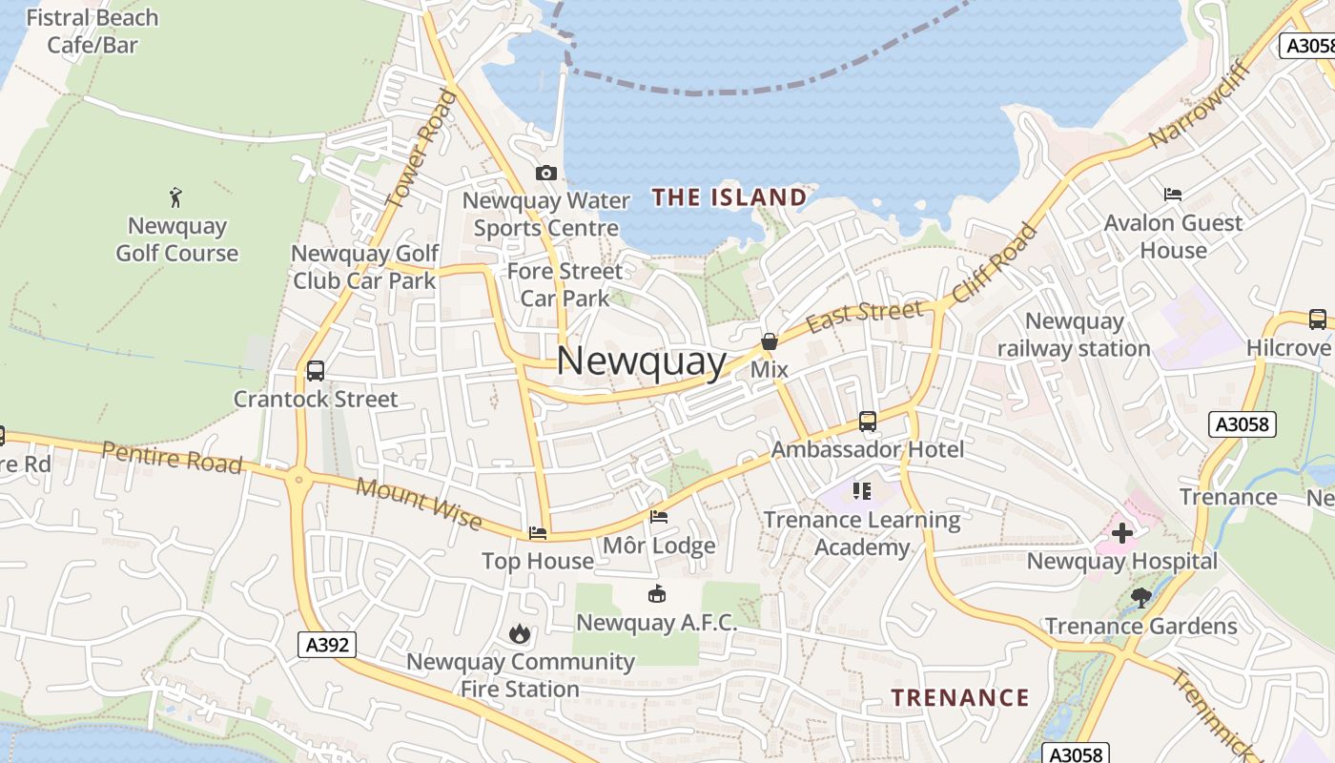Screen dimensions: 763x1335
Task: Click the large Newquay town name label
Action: pos(641,361)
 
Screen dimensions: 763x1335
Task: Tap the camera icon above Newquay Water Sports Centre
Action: pos(546,173)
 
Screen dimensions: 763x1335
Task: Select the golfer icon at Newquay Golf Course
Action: pos(175,197)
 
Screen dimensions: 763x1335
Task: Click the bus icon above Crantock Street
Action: pos(316,370)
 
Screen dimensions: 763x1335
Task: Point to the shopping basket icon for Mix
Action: pos(770,341)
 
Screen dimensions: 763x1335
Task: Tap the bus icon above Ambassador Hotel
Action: pos(868,421)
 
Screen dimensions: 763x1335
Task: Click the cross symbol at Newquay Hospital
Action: pos(1122,532)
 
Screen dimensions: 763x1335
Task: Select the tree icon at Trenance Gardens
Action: pos(1141,598)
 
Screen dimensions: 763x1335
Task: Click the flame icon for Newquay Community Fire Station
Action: pos(519,633)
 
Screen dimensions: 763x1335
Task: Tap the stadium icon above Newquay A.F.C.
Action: pos(657,594)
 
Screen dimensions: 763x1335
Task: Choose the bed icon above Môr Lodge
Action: pos(659,517)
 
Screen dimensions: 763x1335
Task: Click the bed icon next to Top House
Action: pos(538,533)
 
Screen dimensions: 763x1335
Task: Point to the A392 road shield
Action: pos(327,645)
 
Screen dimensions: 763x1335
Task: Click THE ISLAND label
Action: pos(729,197)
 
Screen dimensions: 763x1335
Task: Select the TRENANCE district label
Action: pos(960,697)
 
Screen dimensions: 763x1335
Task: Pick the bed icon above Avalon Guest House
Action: pos(1173,195)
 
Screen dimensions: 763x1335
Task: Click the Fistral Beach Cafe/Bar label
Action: pos(92,31)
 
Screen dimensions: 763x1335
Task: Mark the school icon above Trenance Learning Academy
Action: pos(862,491)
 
